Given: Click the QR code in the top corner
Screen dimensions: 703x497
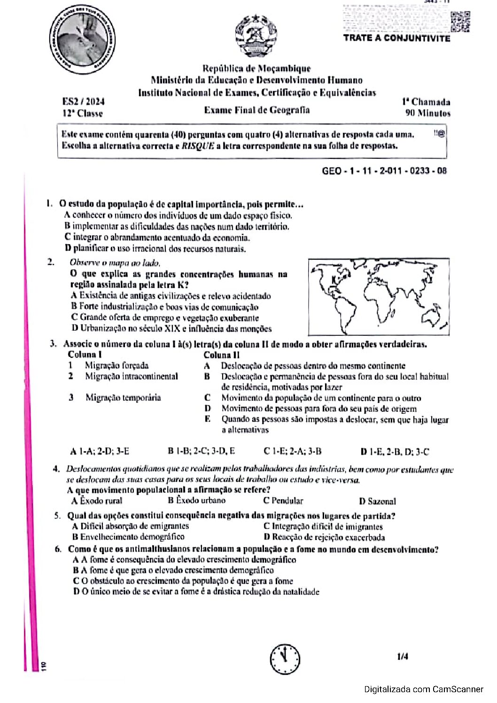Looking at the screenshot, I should pos(460,22).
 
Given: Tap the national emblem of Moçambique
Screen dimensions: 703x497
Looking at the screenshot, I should pos(256,36).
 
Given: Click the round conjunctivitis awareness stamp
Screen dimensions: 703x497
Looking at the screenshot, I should pos(83,40).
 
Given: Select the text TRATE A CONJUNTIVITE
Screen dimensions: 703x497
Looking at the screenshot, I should pos(396,38).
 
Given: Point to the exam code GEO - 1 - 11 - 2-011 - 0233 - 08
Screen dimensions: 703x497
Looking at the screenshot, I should pos(384,171).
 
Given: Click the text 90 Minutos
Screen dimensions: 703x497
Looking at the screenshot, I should pos(427,113).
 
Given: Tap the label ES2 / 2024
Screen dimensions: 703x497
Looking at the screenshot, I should pos(83,101).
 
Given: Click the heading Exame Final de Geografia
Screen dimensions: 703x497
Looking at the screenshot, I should pos(256,110).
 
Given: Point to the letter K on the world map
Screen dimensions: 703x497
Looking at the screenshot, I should pos(334,280).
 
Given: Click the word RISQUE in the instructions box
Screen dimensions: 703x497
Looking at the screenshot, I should pos(198,146).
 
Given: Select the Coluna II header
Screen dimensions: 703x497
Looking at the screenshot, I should pos(221,355).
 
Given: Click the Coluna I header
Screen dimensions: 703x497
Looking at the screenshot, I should pos(85,355).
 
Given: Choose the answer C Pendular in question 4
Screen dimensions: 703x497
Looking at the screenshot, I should pos(283,501).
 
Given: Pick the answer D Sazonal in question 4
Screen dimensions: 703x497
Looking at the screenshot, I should pos(377,501).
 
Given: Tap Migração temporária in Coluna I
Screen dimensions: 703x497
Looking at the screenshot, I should pos(123,398).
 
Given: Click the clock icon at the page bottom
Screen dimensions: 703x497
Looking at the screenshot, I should pos(285,658).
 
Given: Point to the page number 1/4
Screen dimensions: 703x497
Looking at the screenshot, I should pos(402,657).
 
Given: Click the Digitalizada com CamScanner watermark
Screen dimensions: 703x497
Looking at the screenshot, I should pos(423,689).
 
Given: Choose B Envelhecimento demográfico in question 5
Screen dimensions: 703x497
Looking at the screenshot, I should pos(128,537).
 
